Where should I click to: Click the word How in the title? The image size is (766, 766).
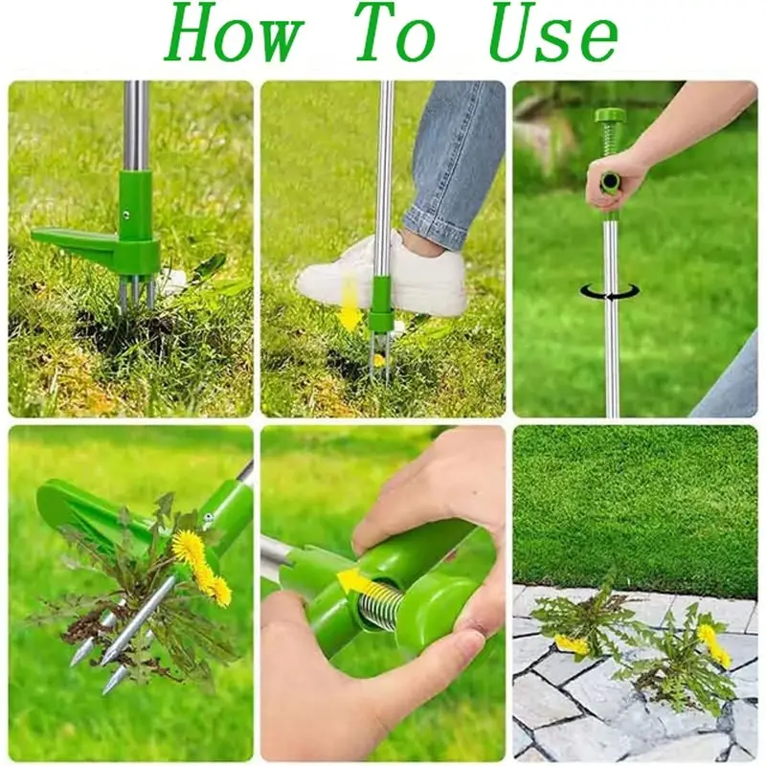coord(231,34)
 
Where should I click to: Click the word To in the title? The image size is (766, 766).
coord(394,34)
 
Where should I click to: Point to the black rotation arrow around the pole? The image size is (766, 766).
coord(610,292)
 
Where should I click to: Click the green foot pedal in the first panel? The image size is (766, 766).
coord(79,242)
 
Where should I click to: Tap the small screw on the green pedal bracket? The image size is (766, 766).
coord(126,214)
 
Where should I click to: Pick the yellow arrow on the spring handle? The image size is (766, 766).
coord(355,582)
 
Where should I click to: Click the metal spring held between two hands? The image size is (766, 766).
coord(379,602)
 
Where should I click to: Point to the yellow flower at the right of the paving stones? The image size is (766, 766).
coord(713,644)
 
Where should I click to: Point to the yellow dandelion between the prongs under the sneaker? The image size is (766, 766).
coord(378,360)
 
